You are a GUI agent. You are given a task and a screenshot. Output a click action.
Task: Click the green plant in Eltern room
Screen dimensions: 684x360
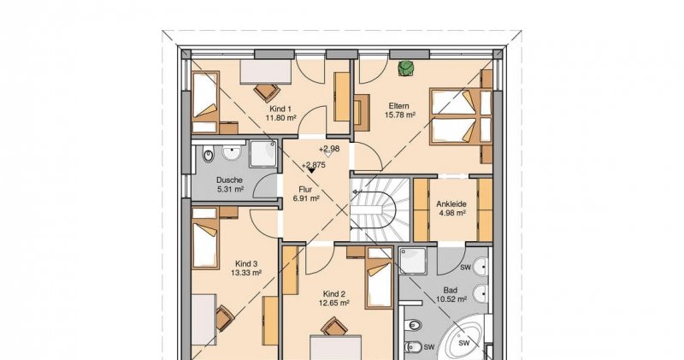tap(406, 68)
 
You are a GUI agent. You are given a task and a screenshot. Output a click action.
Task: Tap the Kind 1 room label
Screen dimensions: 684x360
tap(280, 109)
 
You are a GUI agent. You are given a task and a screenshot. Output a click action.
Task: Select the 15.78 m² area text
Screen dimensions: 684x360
tap(399, 115)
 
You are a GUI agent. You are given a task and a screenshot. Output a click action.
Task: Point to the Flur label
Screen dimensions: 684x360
tap(305, 190)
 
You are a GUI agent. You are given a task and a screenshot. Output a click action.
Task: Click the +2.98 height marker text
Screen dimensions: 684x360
tap(329, 149)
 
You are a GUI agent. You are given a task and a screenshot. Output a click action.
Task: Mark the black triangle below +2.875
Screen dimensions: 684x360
tap(311, 171)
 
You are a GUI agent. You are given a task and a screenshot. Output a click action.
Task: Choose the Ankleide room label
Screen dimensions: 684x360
tap(451, 204)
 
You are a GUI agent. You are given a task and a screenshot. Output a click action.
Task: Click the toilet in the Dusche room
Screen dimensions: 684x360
tap(209, 156)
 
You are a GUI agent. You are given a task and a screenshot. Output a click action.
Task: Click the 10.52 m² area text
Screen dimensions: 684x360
tap(451, 299)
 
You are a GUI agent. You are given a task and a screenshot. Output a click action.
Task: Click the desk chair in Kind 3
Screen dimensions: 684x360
tap(225, 318)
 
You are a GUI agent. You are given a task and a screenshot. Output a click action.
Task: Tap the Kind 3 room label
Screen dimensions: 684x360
tap(246, 263)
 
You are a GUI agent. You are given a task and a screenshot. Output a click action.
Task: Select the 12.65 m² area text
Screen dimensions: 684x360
tap(333, 304)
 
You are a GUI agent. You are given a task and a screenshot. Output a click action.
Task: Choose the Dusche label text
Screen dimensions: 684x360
tap(229, 180)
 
